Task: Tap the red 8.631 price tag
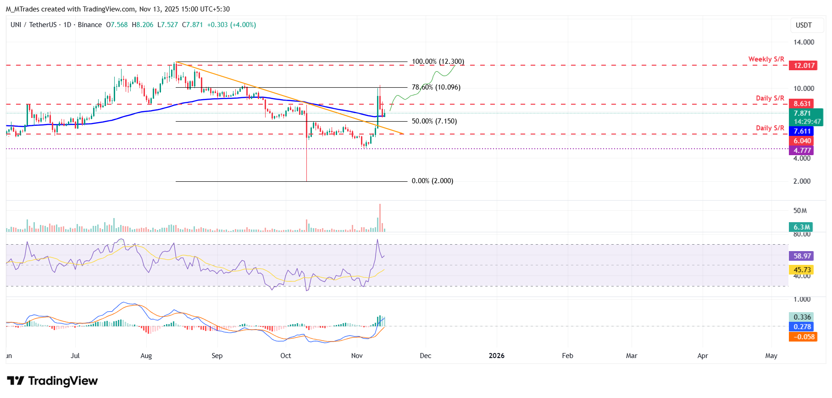[x=803, y=104]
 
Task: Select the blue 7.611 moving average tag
[x=802, y=132]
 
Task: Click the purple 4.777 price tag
[x=802, y=151]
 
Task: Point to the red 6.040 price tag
[x=802, y=141]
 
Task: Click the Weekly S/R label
[x=766, y=59]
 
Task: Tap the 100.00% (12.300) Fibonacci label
[x=438, y=62]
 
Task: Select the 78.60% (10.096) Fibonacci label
[x=436, y=87]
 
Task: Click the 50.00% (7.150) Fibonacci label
[x=434, y=121]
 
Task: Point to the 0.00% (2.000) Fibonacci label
[x=432, y=181]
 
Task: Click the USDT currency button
[x=804, y=25]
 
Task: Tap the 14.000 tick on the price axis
[x=804, y=42]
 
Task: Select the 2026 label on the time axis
[x=496, y=356]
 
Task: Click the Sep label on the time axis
[x=217, y=356]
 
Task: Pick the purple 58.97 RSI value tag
[x=802, y=256]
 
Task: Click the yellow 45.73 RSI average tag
[x=802, y=270]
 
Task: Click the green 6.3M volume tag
[x=801, y=227]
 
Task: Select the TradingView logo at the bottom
[x=52, y=381]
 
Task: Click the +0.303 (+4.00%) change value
[x=231, y=25]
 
